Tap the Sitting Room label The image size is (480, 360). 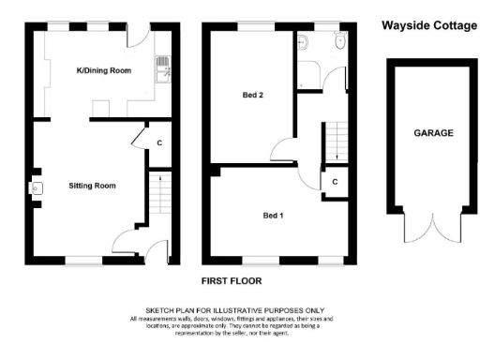92,186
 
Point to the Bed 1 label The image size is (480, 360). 274,216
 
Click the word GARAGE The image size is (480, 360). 433,134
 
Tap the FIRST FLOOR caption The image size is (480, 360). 232,280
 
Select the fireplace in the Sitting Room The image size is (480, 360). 37,188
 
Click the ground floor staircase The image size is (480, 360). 157,195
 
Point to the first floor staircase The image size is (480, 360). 336,141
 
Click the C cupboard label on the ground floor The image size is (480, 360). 159,142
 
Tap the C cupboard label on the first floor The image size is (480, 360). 334,182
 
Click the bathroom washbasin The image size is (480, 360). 338,41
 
